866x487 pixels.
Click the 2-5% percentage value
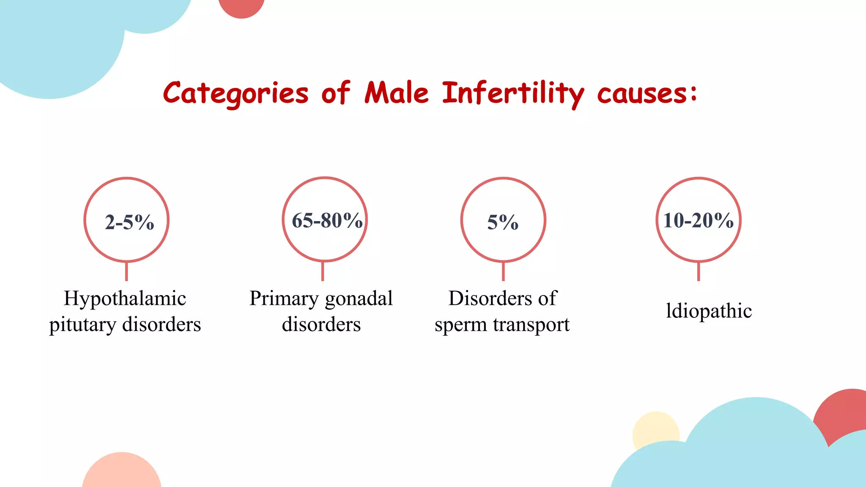[x=129, y=222]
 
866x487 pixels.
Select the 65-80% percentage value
[x=327, y=220]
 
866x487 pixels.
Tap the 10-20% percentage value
[x=698, y=220]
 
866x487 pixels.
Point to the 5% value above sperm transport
[x=503, y=222]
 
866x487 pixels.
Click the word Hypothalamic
[x=125, y=299]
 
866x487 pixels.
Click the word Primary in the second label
[x=284, y=299]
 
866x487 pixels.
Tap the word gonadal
[x=359, y=299]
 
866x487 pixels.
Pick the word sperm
[x=460, y=325]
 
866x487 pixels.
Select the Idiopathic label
[x=709, y=311]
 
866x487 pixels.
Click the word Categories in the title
[x=236, y=93]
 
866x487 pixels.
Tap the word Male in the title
[x=396, y=93]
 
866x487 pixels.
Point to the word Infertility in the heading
[x=513, y=93]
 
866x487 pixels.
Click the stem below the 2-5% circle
[x=126, y=271]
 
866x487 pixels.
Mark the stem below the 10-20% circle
[x=698, y=271]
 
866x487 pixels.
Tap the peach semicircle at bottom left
[x=122, y=471]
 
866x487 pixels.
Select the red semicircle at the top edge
[x=241, y=7]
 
